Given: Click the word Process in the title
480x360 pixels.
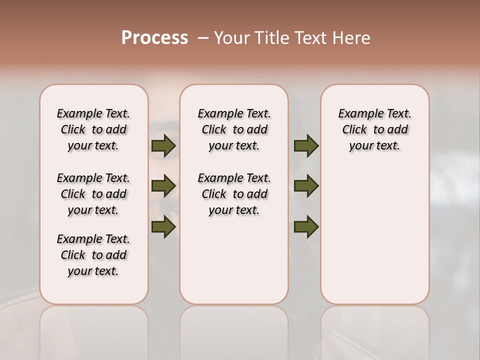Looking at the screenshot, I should coord(154,38).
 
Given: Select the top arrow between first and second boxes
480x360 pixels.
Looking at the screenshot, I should coord(163,146).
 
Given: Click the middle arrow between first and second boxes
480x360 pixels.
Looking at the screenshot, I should coord(163,186).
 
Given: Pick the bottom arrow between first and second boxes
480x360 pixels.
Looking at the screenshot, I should coord(163,227).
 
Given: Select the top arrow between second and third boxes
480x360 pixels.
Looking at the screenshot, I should coord(306,146).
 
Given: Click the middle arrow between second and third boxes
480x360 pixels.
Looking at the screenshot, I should coord(306,186).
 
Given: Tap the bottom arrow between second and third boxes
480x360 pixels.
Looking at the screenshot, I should coord(306,227).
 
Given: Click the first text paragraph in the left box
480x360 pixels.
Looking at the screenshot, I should coord(93,129).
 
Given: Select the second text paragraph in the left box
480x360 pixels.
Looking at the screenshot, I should coord(93,194).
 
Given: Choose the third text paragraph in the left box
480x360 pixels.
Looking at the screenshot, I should coord(93,255).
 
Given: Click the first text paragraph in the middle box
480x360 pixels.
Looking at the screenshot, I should coord(234,129).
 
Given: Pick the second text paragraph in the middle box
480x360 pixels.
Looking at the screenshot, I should coord(234,194).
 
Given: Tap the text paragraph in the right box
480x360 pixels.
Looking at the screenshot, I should coord(374,129).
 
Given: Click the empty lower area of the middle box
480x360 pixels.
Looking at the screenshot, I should coord(234,260).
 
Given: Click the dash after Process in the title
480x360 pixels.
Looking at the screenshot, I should coord(202,38).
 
